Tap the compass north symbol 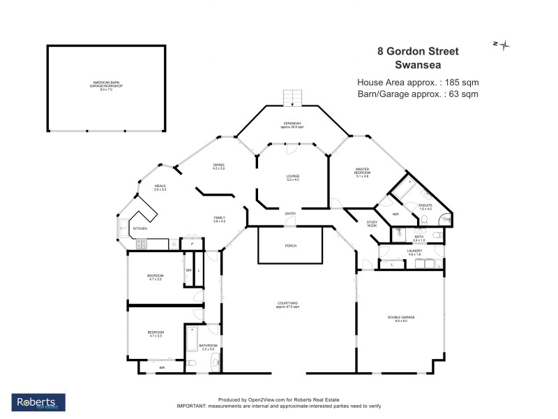[x=503, y=45]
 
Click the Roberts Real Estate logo [x=38, y=402]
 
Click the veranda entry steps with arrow [x=292, y=98]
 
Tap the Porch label [x=291, y=246]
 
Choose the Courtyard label [x=287, y=304]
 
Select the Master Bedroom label [x=361, y=172]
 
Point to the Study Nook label [x=372, y=223]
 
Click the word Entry [x=289, y=214]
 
